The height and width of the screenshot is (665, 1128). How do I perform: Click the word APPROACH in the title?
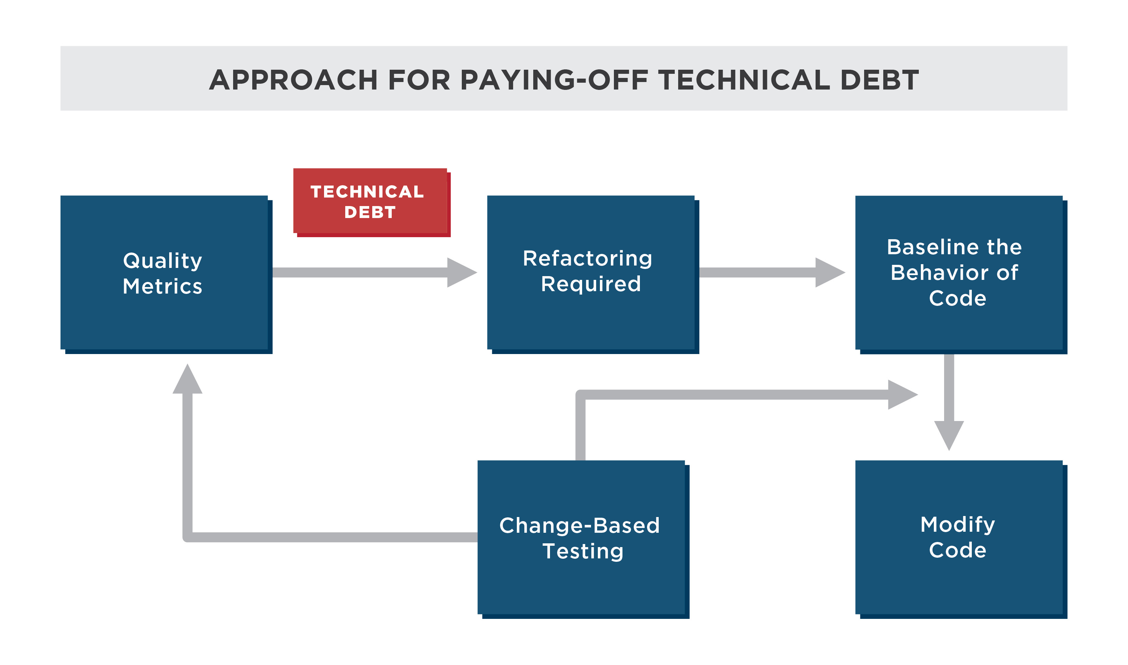(294, 80)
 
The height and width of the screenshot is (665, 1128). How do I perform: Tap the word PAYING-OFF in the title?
(554, 80)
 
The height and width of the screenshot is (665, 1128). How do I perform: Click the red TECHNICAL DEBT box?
(372, 203)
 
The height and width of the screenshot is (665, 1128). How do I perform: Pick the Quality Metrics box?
(166, 275)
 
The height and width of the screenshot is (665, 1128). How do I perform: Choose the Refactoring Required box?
(593, 275)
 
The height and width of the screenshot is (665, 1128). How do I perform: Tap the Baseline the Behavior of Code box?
(961, 275)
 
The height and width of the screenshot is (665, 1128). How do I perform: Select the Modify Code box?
(961, 540)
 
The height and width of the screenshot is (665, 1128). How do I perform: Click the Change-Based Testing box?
(583, 540)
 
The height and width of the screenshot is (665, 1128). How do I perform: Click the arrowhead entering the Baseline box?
(830, 272)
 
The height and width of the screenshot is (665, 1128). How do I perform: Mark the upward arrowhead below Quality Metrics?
(187, 379)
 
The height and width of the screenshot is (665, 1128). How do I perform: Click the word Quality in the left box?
(163, 261)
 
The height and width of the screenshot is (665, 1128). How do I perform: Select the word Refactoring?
(588, 259)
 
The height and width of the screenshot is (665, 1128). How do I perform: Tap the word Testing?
(583, 552)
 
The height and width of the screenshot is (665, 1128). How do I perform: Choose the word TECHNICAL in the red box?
(367, 192)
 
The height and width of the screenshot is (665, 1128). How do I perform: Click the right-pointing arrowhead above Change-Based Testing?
(903, 394)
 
